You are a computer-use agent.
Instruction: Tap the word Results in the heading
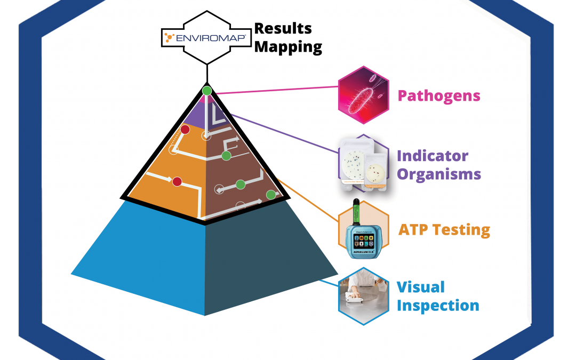click(x=283, y=28)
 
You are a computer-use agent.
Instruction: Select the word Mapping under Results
click(x=288, y=47)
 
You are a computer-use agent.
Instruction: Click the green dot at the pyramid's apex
click(x=207, y=91)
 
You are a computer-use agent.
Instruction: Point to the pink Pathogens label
click(x=439, y=96)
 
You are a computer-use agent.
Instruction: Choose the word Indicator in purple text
click(x=433, y=156)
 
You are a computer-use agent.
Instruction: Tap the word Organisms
click(x=439, y=174)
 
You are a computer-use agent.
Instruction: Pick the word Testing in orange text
click(x=461, y=230)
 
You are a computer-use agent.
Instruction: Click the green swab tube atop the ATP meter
click(x=357, y=211)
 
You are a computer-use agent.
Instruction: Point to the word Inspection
click(x=438, y=306)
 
